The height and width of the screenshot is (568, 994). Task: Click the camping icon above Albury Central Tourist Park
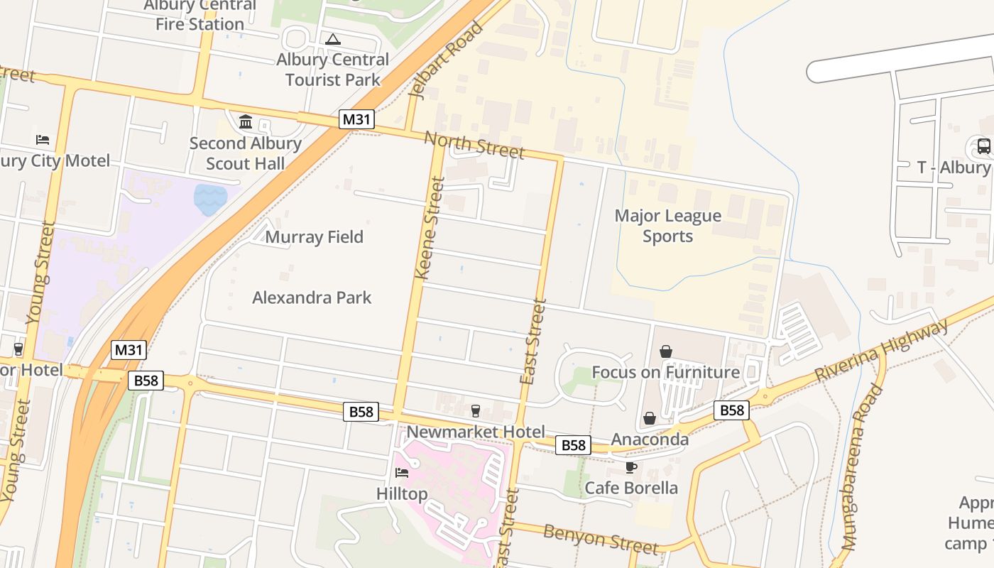click(x=332, y=40)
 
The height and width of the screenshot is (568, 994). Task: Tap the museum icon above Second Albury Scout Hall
click(x=246, y=122)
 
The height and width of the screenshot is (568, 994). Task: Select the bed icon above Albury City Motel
click(x=43, y=140)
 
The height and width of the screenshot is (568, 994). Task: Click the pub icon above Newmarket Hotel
click(x=476, y=410)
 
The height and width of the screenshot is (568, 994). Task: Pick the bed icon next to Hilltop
click(x=402, y=473)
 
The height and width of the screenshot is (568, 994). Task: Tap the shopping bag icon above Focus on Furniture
click(x=666, y=351)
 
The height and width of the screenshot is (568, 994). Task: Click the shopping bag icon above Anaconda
click(x=649, y=419)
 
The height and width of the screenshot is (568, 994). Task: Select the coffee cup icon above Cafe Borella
click(x=630, y=467)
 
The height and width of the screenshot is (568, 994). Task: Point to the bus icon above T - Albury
click(x=983, y=147)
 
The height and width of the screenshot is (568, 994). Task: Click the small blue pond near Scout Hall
click(x=210, y=199)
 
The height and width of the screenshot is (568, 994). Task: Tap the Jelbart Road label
click(x=447, y=60)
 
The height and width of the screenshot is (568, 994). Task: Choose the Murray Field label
click(x=314, y=237)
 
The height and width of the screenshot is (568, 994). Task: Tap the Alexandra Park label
click(x=312, y=297)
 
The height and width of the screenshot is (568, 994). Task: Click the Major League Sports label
click(x=667, y=226)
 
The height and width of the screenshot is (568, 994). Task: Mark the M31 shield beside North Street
click(x=356, y=119)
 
